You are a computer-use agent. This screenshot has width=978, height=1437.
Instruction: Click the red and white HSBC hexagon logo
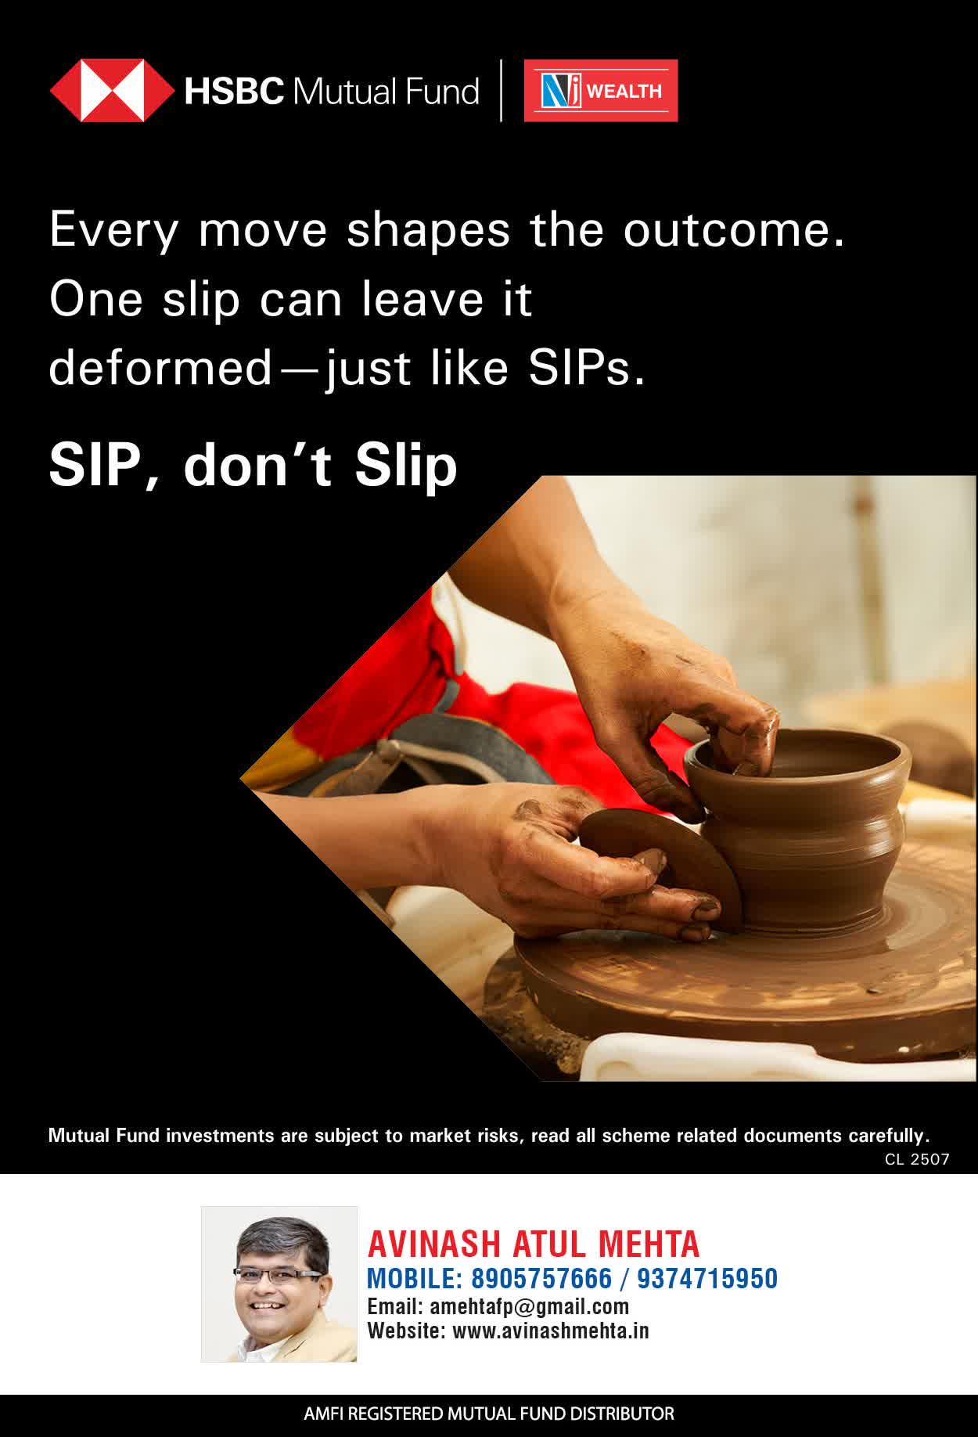click(x=112, y=91)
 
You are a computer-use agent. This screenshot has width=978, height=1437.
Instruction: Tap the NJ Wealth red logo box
click(x=601, y=91)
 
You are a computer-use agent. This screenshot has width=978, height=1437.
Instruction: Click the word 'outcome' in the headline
click(x=734, y=230)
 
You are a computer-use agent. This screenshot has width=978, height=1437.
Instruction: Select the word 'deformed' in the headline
click(x=160, y=368)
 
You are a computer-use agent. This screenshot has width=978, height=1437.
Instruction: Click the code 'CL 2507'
click(x=917, y=1159)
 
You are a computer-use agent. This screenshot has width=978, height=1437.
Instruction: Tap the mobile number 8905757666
click(x=541, y=1278)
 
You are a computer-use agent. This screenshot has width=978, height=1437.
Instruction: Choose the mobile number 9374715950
click(x=707, y=1278)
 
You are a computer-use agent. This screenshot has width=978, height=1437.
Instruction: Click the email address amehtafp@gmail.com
click(x=530, y=1306)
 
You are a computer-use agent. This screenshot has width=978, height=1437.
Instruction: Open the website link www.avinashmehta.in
click(x=551, y=1331)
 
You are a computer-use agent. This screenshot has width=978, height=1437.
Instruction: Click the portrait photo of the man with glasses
click(x=279, y=1284)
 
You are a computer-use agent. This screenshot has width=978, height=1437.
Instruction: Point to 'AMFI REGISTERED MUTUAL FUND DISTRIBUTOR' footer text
click(x=489, y=1414)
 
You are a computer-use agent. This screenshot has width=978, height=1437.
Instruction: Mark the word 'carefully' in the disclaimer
click(x=889, y=1136)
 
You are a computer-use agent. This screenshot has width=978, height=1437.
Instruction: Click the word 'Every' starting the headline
click(x=114, y=232)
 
